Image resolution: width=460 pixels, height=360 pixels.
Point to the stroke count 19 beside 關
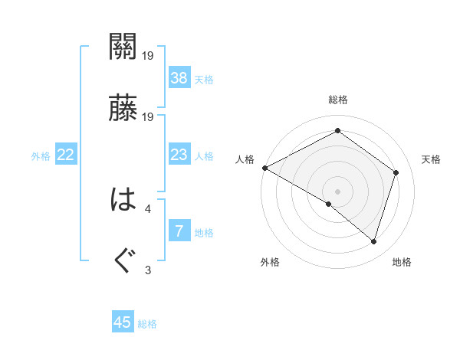coord(148,55)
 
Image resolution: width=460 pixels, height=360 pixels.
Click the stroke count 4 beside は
coord(148,208)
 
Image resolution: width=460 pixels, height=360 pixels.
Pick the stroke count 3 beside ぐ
coord(148,269)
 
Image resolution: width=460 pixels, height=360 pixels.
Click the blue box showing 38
coord(179,77)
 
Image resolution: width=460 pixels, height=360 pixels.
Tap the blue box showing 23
coord(179,155)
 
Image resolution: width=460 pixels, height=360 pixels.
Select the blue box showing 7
coord(179,231)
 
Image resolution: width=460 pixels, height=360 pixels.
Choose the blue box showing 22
coord(66,155)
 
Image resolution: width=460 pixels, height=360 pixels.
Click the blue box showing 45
coord(123,322)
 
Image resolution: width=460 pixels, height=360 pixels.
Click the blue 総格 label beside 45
coord(147,324)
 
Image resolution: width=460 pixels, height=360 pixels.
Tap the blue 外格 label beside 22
coord(41,156)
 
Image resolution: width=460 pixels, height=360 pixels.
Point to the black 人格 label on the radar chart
coord(245,159)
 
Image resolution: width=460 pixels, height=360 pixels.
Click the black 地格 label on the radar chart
coord(402,263)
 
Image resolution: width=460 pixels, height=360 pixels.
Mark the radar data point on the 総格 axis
coord(337,131)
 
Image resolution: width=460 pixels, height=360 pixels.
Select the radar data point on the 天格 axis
coord(396,172)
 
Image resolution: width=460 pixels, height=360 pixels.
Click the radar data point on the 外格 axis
coord(329,204)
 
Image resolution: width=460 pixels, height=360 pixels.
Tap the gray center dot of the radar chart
coord(337,191)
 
